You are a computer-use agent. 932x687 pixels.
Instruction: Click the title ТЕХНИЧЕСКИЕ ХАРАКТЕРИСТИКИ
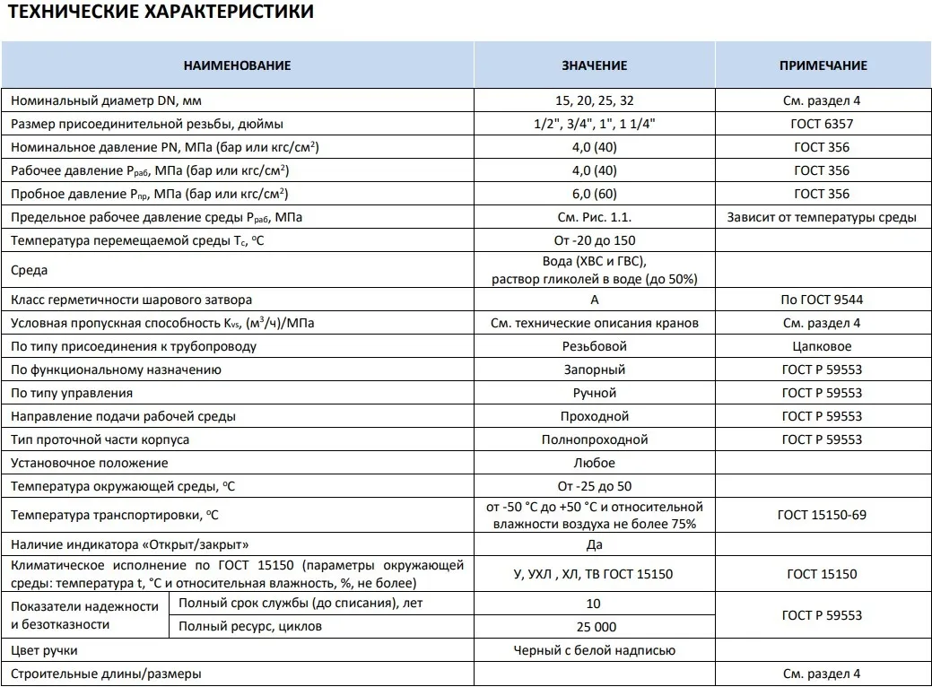[162, 13]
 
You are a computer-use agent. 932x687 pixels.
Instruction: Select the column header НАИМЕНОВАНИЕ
[238, 65]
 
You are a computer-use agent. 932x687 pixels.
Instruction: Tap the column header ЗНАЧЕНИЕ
[594, 65]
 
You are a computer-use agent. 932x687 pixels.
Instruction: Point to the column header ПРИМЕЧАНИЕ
[823, 65]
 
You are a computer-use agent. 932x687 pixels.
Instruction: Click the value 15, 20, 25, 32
[594, 100]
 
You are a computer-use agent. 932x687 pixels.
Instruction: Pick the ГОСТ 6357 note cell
[822, 124]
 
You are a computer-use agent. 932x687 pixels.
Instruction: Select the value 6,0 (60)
[594, 194]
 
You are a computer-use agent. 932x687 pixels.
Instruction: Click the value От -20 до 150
[594, 240]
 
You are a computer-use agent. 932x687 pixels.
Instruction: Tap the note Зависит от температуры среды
[822, 217]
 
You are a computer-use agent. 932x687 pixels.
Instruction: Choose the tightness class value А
[594, 300]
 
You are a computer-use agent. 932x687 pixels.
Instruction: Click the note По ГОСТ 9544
[822, 300]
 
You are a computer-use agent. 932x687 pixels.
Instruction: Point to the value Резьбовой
[594, 346]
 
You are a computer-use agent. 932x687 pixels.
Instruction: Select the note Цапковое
[822, 346]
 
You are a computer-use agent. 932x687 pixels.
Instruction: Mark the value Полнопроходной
[594, 439]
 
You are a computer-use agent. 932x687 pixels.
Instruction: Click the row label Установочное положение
[90, 463]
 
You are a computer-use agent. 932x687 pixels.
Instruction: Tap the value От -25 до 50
[594, 486]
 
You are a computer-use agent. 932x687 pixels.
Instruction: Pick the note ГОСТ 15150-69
[822, 515]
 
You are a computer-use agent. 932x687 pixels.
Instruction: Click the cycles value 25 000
[594, 627]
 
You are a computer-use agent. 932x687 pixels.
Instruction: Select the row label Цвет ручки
[52, 650]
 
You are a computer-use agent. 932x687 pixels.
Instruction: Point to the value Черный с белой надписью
[594, 650]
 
